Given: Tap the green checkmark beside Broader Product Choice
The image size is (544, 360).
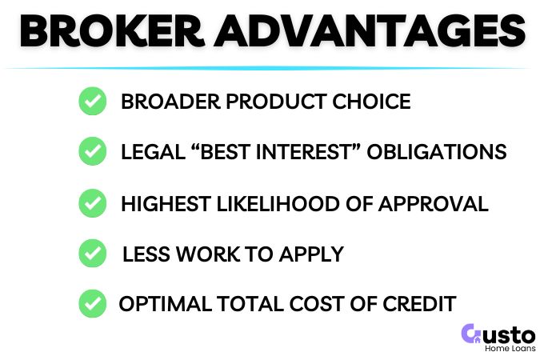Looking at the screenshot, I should [93, 102].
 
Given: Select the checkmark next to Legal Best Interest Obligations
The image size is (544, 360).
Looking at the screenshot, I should [93, 152].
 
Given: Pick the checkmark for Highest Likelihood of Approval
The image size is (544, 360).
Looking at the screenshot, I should [93, 203].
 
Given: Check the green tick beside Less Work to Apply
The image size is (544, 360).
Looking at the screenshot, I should [93, 254].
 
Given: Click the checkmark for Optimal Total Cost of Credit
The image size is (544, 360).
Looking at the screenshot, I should [93, 304].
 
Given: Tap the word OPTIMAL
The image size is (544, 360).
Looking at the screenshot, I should [165, 305].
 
